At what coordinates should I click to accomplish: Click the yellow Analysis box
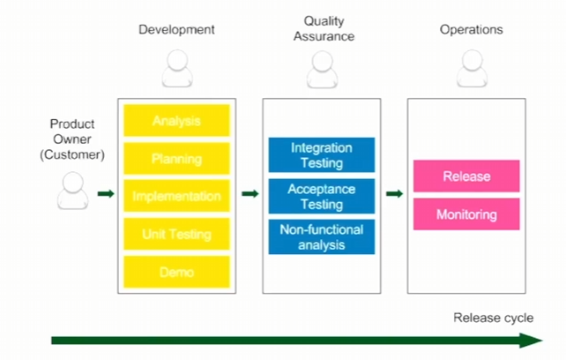point(176,120)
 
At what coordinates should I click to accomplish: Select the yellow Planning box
point(176,158)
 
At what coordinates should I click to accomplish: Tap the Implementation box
point(176,196)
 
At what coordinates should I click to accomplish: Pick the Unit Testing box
point(176,234)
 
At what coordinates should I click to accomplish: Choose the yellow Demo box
point(176,272)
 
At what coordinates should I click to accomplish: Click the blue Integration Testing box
point(322,154)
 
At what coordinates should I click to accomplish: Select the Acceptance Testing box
point(322,196)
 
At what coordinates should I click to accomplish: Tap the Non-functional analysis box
point(322,236)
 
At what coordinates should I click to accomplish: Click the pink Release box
point(466,176)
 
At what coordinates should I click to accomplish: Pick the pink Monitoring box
point(466,214)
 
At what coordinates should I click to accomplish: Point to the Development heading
point(176,30)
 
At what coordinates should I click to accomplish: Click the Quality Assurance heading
point(324,28)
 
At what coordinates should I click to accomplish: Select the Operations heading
point(471,30)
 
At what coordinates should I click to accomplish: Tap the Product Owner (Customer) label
point(72,139)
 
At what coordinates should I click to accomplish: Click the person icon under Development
point(177,68)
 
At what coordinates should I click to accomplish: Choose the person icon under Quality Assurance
point(323,69)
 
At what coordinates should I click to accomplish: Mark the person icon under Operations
point(473,68)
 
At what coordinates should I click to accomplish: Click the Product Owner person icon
point(72,191)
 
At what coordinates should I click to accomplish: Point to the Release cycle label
point(494,318)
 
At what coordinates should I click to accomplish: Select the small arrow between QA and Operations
point(394,194)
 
